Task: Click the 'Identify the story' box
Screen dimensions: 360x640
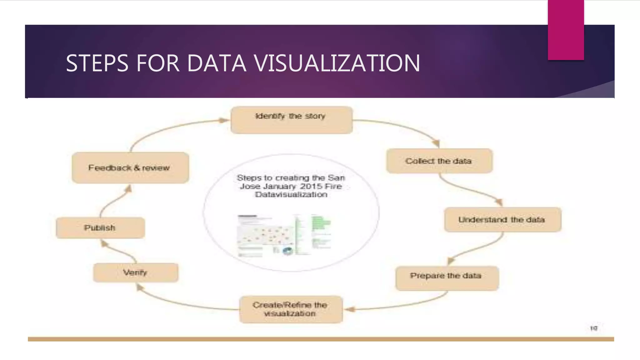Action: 292,120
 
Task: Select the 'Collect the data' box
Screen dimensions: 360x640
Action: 439,161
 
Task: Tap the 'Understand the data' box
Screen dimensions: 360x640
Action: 502,219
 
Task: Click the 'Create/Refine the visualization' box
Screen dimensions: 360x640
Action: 291,309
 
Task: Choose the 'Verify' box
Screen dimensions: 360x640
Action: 136,272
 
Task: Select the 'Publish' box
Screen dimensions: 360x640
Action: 100,228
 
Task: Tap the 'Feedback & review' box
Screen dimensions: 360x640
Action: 130,168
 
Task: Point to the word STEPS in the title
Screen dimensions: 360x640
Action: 97,63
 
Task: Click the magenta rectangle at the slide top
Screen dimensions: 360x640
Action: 566,30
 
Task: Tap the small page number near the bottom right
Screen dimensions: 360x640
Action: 593,328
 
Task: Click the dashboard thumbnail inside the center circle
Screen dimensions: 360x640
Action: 284,235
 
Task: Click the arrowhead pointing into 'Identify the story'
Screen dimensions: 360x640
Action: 224,120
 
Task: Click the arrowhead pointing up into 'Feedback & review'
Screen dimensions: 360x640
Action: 128,188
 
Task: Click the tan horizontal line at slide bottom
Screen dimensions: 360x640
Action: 321,339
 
